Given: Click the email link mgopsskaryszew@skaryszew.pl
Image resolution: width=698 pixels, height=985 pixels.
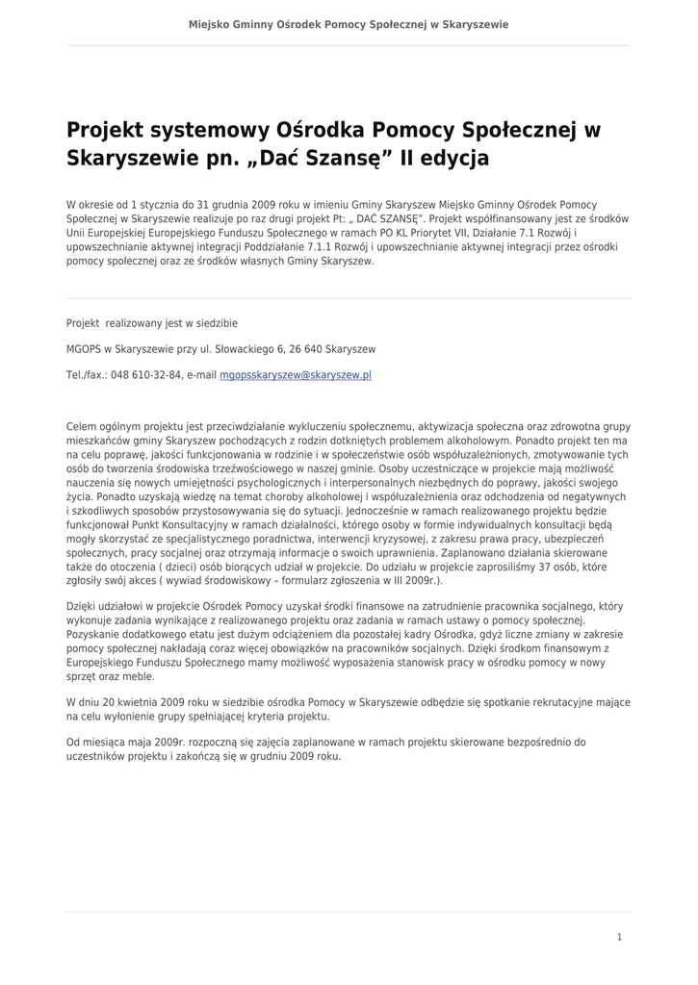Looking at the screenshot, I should click(x=296, y=375).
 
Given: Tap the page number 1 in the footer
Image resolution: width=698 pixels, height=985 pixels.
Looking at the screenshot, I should click(x=620, y=936).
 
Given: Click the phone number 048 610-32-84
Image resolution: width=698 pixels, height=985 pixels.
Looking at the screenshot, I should click(x=146, y=375).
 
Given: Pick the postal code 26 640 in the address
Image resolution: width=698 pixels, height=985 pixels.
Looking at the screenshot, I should click(x=307, y=349).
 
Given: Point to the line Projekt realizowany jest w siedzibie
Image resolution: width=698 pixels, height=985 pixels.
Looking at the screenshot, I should click(x=151, y=323).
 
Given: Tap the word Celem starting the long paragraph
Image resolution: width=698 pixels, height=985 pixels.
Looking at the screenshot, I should click(x=81, y=426).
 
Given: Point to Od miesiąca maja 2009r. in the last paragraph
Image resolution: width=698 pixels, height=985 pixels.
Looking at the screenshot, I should click(x=125, y=742).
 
